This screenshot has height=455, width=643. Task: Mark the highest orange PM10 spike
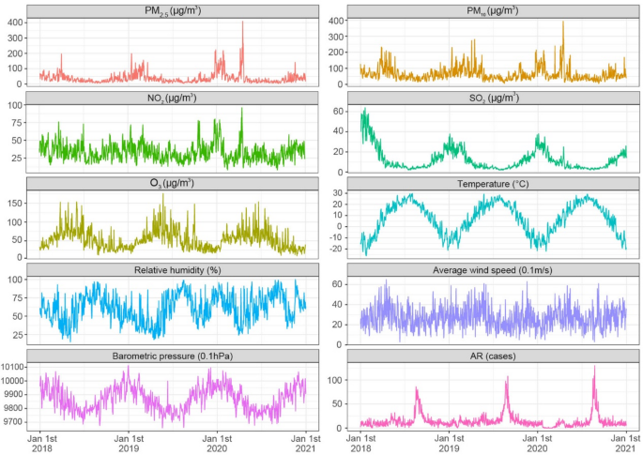(x=563, y=23)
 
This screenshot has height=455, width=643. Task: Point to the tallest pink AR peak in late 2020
(x=594, y=367)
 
